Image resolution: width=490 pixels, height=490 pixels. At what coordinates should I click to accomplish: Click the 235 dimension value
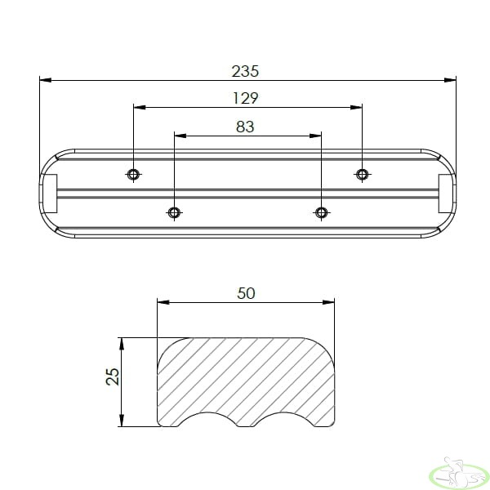pos(245,71)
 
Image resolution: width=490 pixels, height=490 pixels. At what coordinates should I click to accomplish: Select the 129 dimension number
pos(246,98)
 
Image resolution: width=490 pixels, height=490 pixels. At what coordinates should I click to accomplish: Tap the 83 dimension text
pos(245,127)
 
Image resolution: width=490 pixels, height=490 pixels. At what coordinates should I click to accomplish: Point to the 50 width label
pos(246,293)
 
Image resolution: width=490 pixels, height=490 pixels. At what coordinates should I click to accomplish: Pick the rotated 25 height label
pos(113,376)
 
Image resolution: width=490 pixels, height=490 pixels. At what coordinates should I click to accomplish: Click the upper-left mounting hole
pos(133,174)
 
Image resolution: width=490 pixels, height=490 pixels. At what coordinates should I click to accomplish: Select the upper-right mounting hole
pos(362,174)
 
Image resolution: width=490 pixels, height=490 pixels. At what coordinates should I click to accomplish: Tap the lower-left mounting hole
pos(174,213)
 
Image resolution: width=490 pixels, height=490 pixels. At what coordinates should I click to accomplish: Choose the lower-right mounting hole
pos(321,213)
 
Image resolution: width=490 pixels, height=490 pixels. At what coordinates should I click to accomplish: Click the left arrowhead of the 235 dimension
pos(46,80)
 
